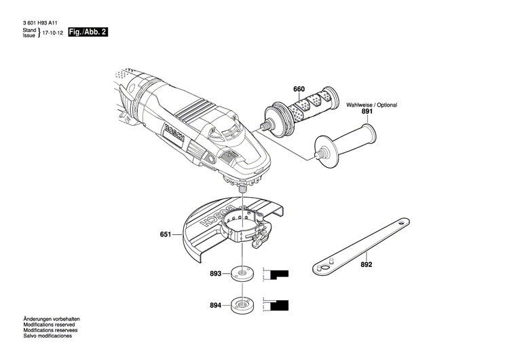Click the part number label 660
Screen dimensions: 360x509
click(x=299, y=90)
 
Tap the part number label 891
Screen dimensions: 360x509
click(x=367, y=111)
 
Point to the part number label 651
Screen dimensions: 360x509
click(x=166, y=236)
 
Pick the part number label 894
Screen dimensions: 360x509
click(x=215, y=305)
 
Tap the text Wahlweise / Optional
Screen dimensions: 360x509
click(x=371, y=105)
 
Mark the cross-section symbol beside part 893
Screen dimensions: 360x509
click(x=277, y=274)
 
